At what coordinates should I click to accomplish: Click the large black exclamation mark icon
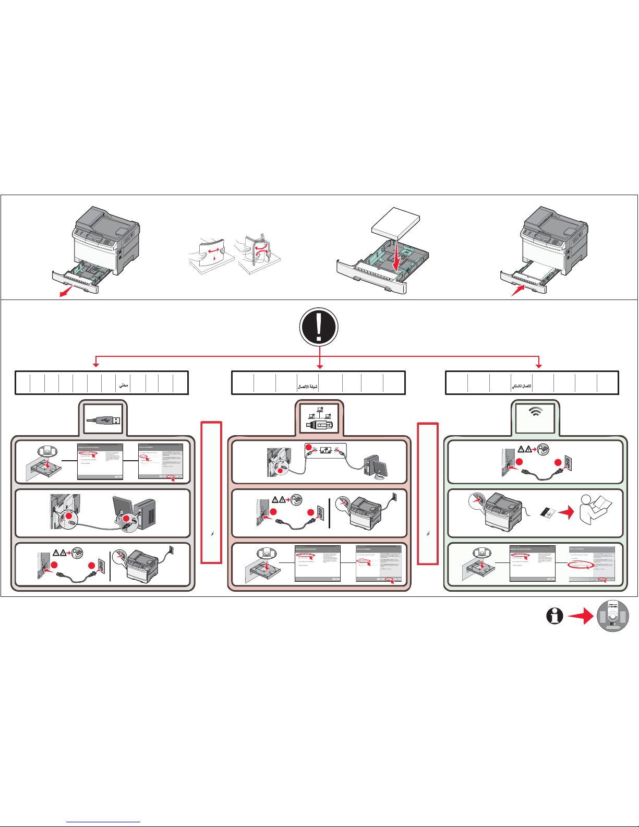319,327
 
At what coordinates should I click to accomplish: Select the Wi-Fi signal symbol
535,412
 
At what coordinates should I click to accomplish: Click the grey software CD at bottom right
612,616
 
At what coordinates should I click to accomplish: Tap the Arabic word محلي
123,386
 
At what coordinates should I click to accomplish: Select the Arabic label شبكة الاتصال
307,387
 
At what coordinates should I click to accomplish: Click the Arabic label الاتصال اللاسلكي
521,387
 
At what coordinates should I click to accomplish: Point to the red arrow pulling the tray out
66,292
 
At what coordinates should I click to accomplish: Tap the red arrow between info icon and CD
581,617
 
